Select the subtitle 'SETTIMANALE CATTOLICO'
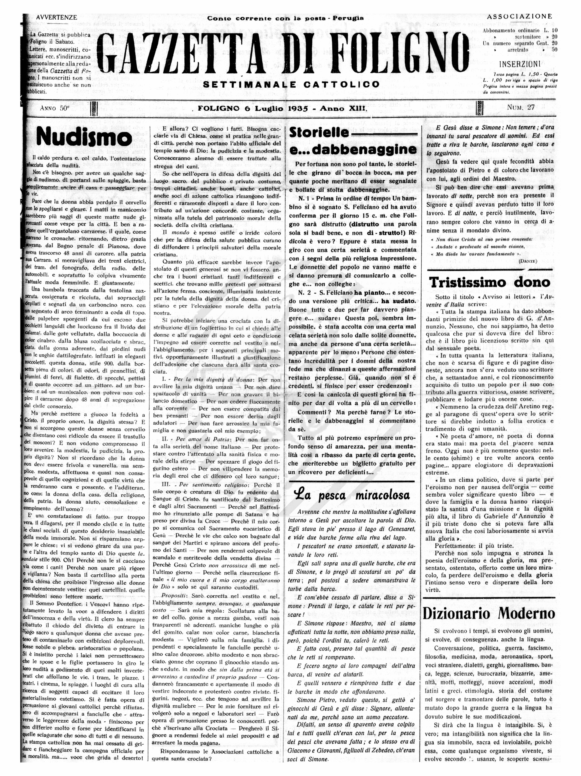coord(291,85)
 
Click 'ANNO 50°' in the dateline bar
coord(55,108)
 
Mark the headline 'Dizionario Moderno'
coord(489,613)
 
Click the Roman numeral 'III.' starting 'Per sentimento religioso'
coord(167,485)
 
